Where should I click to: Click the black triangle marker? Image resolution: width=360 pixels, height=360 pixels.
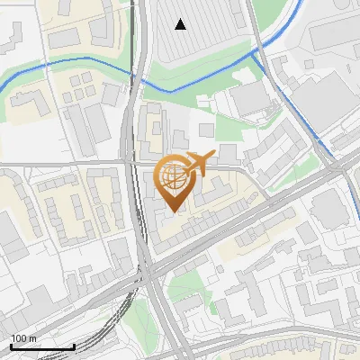tap(181, 24)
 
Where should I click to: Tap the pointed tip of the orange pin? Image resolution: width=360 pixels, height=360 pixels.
tap(174, 212)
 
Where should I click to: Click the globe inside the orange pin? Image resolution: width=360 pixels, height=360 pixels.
tap(174, 176)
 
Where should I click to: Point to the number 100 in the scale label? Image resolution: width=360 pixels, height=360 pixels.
tap(19, 338)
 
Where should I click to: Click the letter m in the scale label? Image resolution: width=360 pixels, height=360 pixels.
tap(32, 338)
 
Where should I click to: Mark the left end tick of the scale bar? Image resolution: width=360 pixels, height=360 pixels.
tap(11, 345)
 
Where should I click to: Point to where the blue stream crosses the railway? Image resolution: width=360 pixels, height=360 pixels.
tap(140, 76)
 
